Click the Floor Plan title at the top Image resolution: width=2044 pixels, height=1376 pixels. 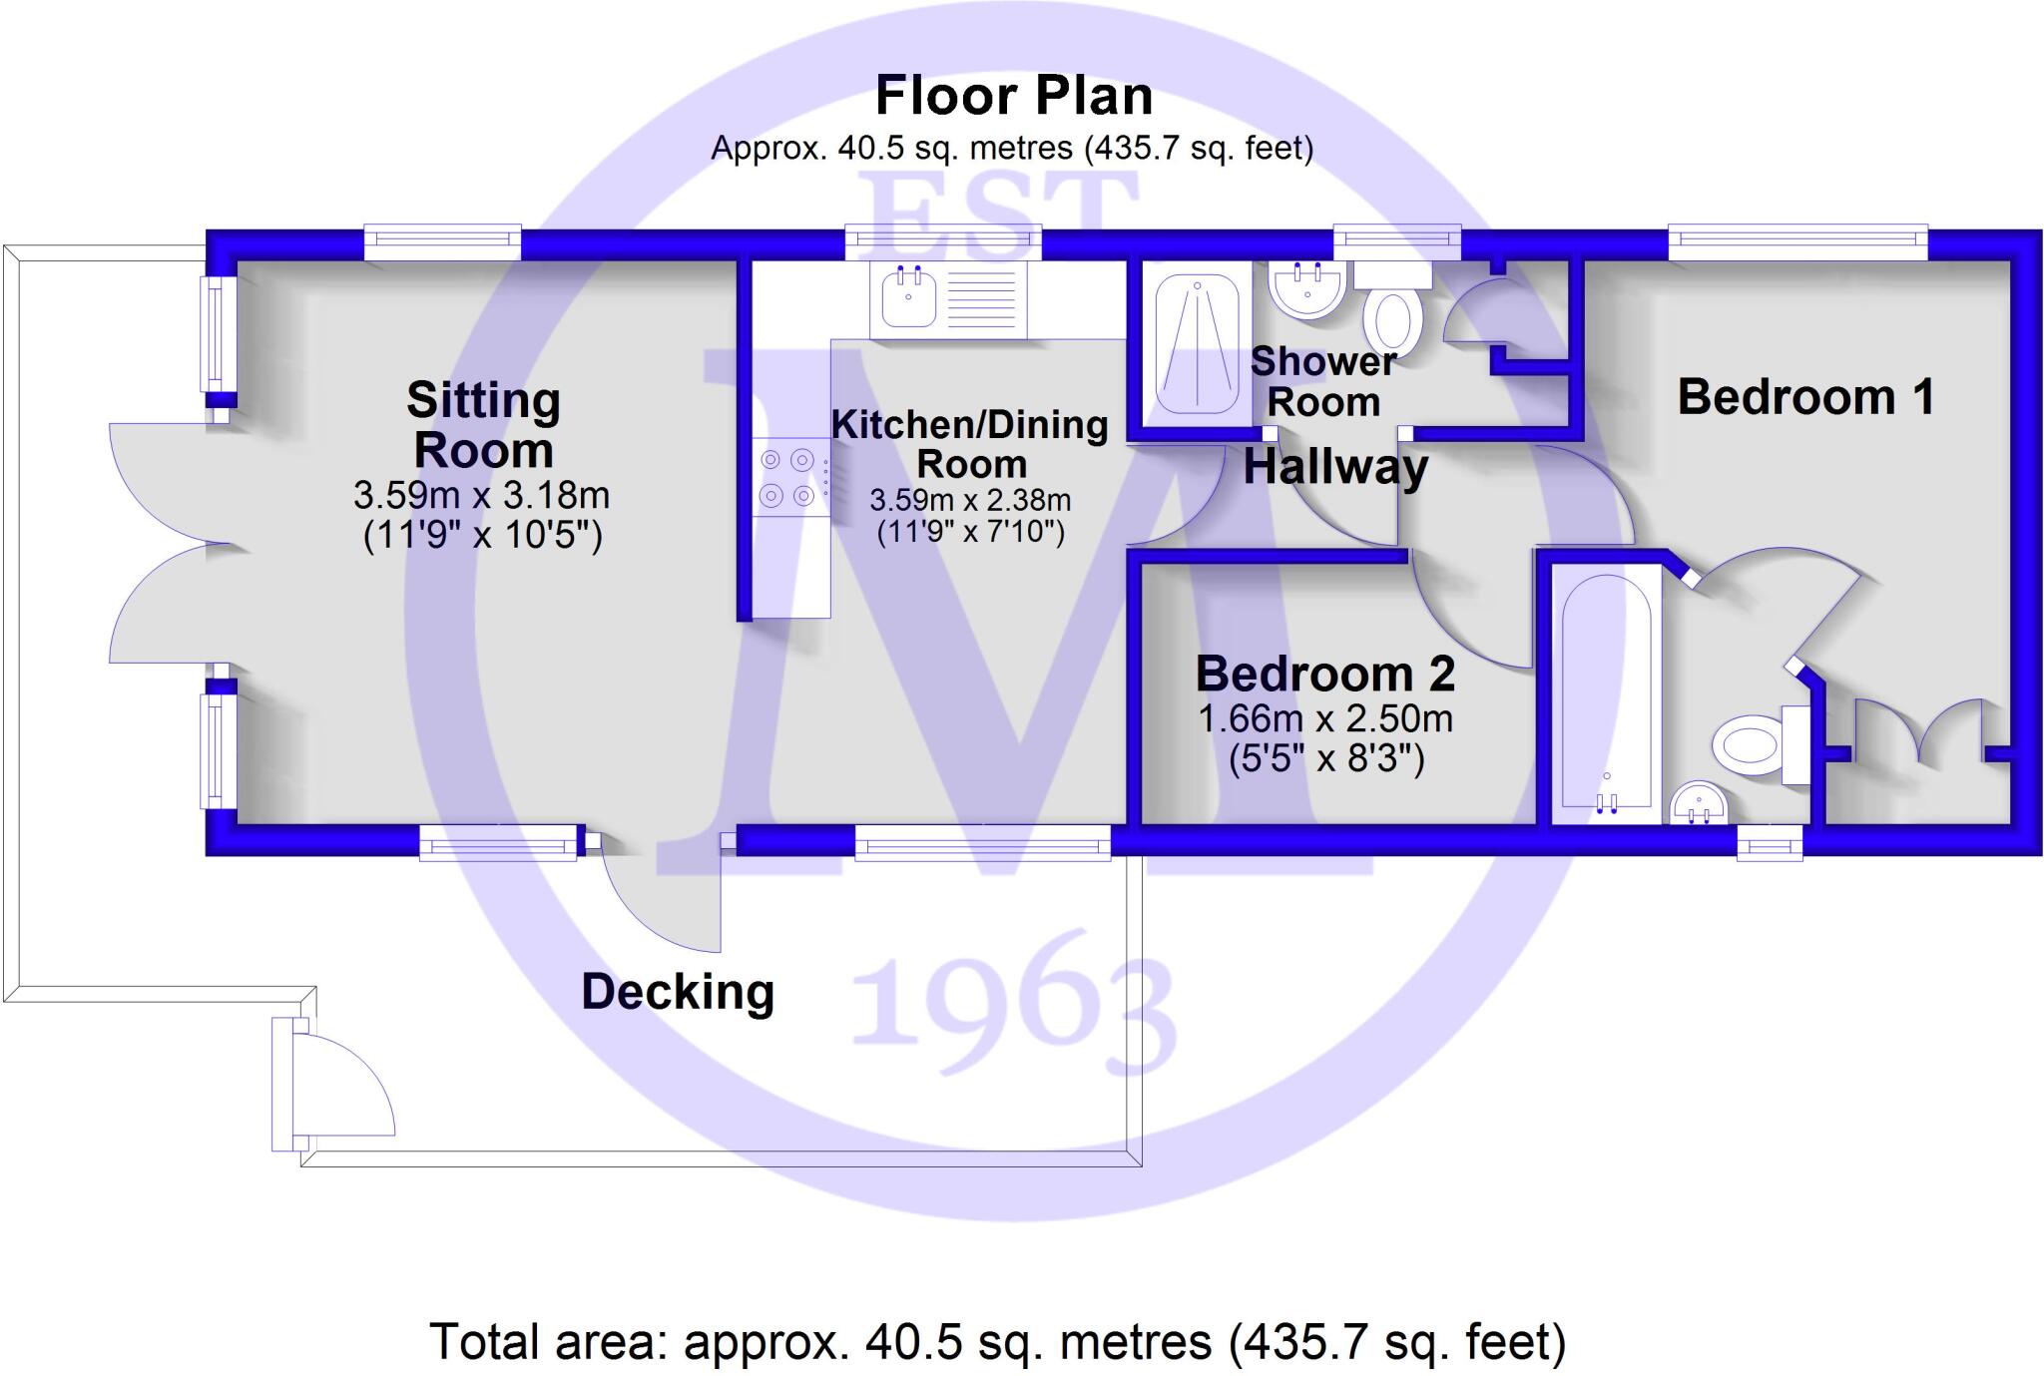(x=1014, y=97)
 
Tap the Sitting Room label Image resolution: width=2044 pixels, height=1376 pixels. (x=483, y=425)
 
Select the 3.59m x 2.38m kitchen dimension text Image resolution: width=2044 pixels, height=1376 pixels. (x=970, y=499)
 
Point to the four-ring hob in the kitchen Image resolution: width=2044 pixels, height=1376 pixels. (x=788, y=477)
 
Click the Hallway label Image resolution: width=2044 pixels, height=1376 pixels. (x=1335, y=467)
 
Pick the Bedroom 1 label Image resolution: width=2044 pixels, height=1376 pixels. (x=1804, y=397)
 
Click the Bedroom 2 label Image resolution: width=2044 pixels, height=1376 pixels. (x=1324, y=674)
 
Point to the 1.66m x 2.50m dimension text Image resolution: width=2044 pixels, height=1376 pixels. (x=1324, y=718)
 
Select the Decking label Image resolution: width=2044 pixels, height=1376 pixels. (x=678, y=992)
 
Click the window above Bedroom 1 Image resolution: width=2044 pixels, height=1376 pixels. (x=1797, y=239)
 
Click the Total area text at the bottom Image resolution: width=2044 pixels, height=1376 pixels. (x=997, y=1342)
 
